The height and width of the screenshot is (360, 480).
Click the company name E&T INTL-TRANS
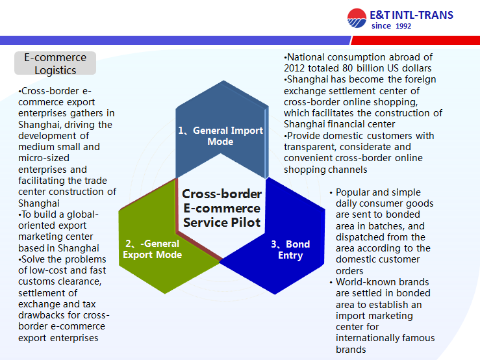411,15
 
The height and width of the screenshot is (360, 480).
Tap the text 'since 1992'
391,26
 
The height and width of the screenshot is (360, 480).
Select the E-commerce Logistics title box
55,63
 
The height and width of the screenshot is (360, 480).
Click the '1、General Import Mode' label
220,136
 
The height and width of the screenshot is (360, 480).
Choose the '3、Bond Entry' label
290,250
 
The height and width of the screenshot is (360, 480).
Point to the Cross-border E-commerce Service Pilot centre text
221,208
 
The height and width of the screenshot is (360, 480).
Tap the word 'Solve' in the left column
33,259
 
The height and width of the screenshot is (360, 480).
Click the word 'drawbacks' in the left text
41,315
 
